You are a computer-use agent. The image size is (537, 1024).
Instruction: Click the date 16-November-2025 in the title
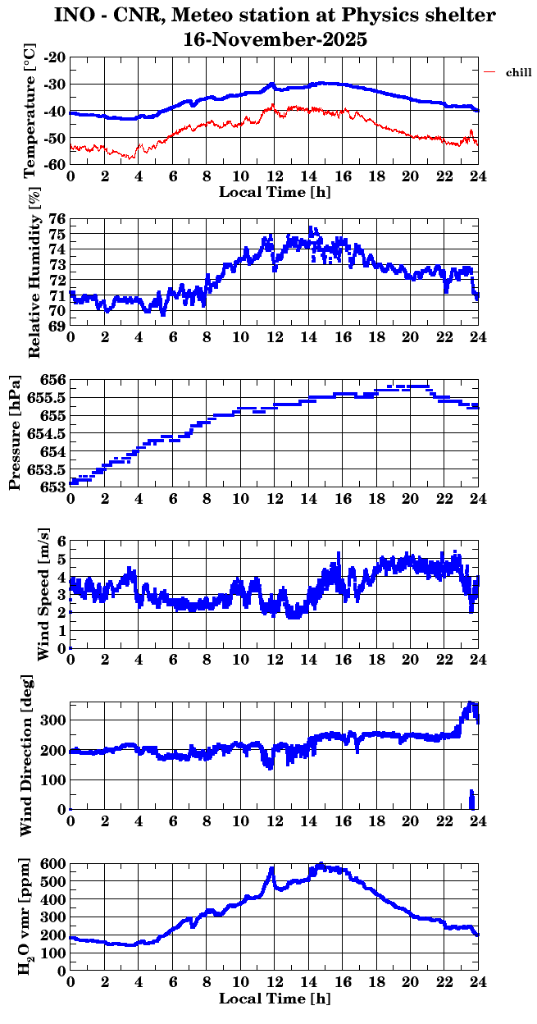275,39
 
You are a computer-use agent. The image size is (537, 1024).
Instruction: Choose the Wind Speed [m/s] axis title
43,594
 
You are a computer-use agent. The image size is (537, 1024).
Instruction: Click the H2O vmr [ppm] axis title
25,917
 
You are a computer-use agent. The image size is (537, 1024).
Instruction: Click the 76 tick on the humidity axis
57,220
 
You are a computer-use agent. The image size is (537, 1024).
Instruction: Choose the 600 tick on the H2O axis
54,864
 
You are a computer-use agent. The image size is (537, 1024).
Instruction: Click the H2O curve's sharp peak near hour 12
272,868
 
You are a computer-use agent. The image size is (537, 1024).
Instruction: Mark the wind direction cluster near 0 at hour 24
471,799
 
